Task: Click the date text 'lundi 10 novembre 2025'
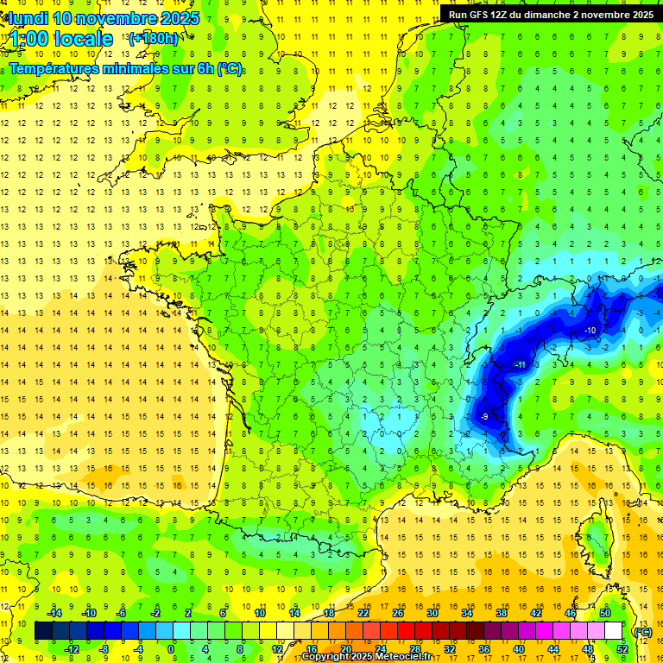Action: (104, 18)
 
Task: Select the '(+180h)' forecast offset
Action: (153, 38)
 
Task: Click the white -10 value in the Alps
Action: (590, 331)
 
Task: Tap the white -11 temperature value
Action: (520, 365)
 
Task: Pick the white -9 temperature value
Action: (485, 417)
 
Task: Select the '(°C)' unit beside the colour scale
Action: (643, 631)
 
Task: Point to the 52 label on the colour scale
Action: (622, 649)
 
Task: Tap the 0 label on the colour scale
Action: (171, 649)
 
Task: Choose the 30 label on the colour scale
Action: (433, 612)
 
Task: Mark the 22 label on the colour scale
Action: (363, 612)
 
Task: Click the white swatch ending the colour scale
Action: (613, 631)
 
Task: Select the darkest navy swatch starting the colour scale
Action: (44, 631)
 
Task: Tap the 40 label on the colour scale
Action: (518, 649)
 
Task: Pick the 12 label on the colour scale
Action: (276, 649)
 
